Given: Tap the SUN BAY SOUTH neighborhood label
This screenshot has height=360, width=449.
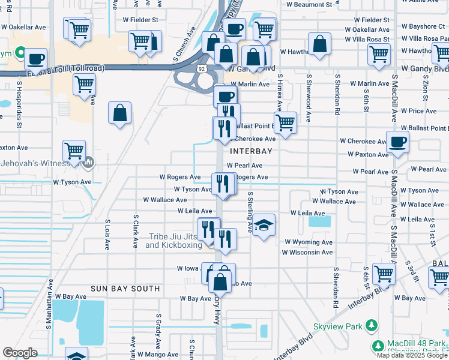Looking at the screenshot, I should tap(125, 289).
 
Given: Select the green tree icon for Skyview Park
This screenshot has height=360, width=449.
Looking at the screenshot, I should tap(372, 326).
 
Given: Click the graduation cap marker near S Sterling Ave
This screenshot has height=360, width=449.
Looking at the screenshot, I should tap(264, 226).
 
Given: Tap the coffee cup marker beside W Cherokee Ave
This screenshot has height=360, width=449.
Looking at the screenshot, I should tap(398, 142).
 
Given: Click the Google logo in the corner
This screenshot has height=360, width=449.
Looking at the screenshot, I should tap(19, 353).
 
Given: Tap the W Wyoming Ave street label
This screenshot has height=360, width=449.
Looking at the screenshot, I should tap(309, 242).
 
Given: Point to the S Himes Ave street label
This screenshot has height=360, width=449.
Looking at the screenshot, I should tap(280, 93).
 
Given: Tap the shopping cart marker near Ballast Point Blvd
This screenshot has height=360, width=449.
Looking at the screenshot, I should tap(287, 122).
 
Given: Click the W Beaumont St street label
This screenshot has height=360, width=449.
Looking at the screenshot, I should tap(309, 4).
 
